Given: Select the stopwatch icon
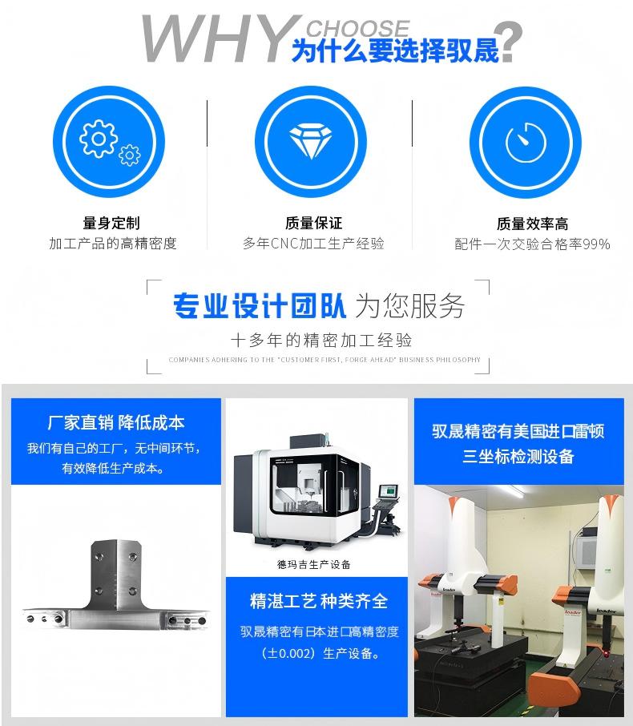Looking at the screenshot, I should click(525, 143).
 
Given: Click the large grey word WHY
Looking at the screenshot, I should click(212, 40).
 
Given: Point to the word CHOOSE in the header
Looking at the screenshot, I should click(357, 29).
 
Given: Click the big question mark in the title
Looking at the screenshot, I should click(510, 42).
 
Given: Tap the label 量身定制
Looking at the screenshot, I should click(111, 223).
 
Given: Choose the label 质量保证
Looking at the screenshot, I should click(313, 223).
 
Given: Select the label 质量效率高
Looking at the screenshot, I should click(532, 224).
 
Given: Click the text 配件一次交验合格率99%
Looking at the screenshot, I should click(532, 244).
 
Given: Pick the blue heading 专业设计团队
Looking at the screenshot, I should click(260, 305).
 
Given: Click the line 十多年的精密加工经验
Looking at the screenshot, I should click(321, 338).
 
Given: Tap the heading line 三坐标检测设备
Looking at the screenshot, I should click(518, 457).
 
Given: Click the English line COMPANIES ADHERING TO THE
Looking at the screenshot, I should click(325, 360).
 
